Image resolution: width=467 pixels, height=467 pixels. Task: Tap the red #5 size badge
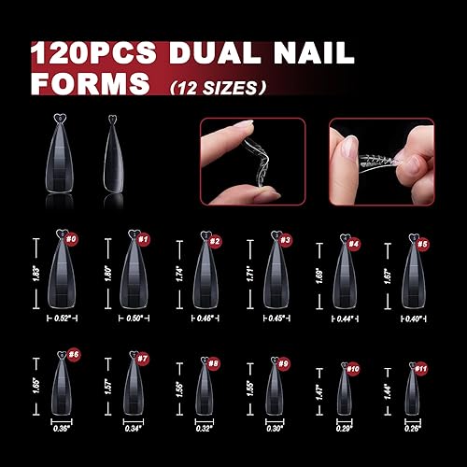(423, 245)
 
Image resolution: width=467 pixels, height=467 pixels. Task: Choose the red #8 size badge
(214, 362)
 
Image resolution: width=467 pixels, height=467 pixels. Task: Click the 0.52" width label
(62, 316)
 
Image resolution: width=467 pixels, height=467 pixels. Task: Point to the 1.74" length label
(180, 274)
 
